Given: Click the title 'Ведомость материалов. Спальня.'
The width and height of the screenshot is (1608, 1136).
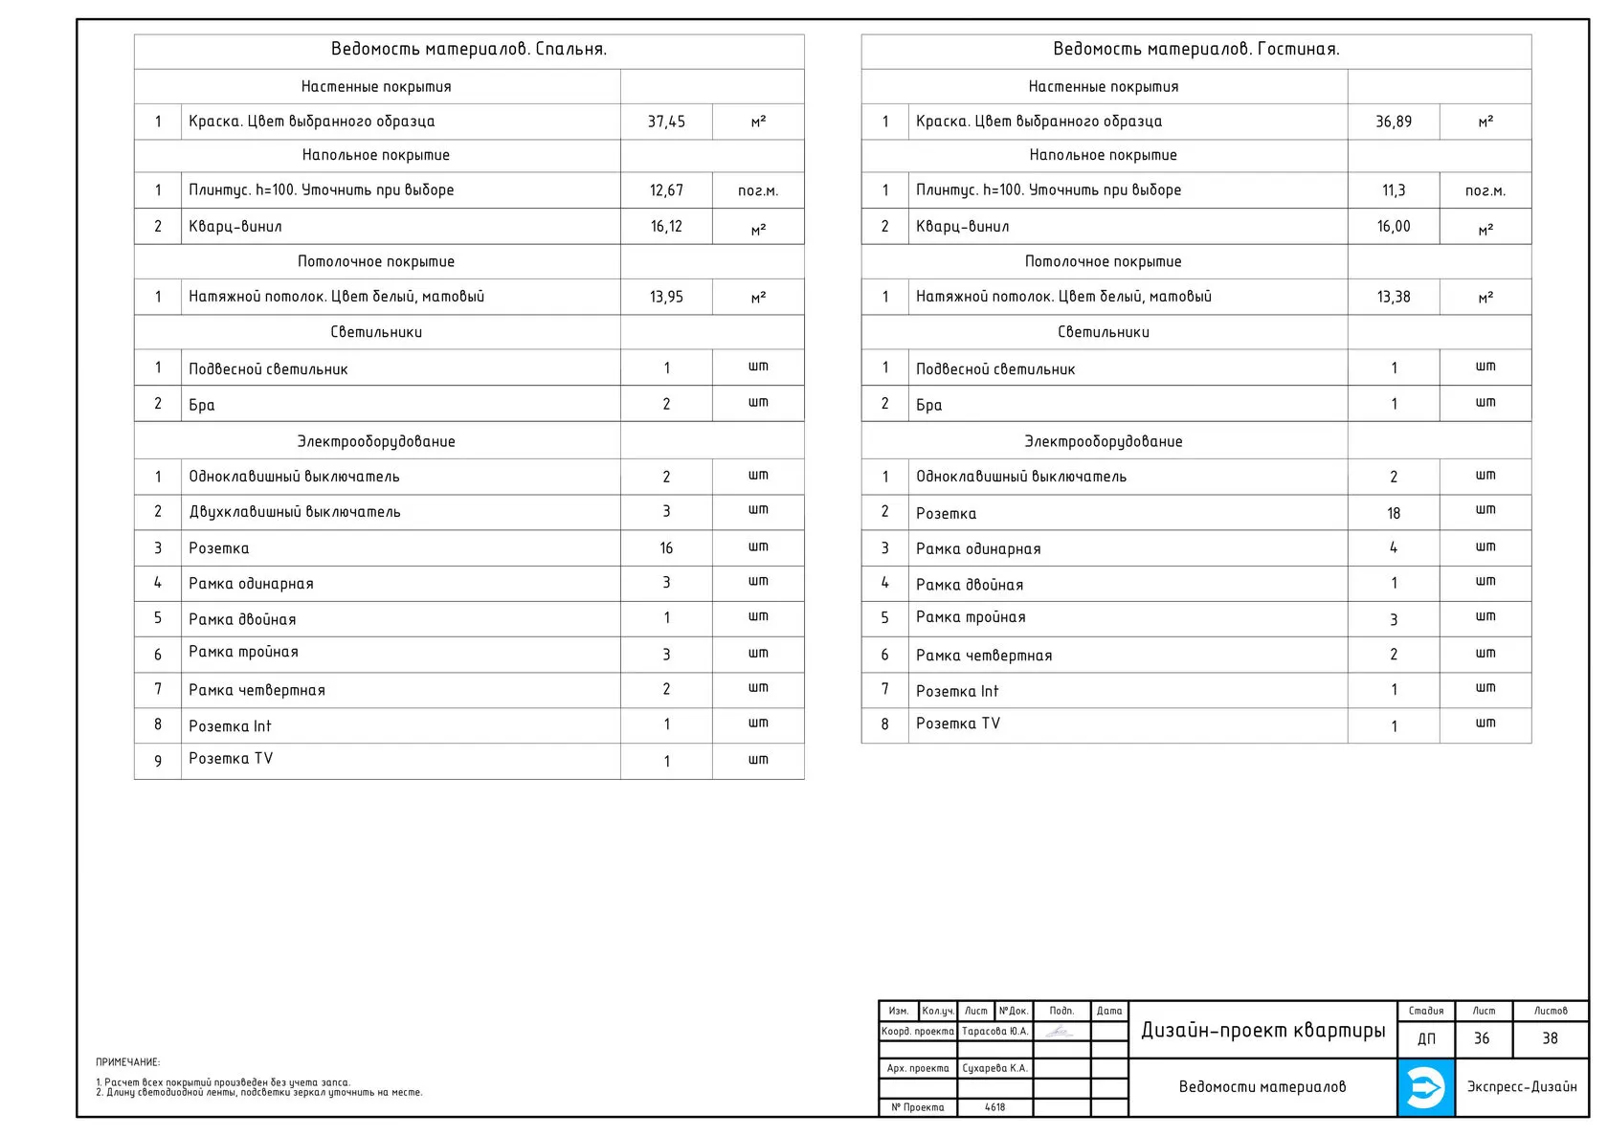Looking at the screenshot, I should (x=468, y=49).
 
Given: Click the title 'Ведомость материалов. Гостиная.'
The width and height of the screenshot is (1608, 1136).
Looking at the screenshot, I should (x=1195, y=49).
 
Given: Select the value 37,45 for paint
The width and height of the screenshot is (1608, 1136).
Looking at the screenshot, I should (x=666, y=122).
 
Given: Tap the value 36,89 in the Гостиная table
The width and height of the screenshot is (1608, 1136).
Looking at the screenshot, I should (x=1394, y=122).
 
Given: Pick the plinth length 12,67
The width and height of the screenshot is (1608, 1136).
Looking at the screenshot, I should (x=666, y=190).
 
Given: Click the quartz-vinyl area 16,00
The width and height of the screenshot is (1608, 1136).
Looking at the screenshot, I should (x=1394, y=227).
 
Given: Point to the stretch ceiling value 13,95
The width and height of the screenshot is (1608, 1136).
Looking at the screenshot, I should (x=666, y=297).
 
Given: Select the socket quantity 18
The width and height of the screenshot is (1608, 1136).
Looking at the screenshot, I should (x=1394, y=513).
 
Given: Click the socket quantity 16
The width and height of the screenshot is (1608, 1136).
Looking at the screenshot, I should (x=666, y=548).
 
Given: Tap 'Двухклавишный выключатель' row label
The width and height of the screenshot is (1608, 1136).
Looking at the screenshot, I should (x=295, y=512).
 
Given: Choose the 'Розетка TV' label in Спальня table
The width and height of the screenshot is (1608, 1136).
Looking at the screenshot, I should (x=231, y=759).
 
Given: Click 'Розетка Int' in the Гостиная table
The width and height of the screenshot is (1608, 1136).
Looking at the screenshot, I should (x=957, y=691).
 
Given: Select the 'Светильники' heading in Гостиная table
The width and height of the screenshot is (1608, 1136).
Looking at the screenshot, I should (x=1104, y=332).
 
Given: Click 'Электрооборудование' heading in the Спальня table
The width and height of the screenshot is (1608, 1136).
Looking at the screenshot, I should (x=376, y=441).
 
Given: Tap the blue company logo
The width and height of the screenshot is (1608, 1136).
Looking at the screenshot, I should (x=1425, y=1087).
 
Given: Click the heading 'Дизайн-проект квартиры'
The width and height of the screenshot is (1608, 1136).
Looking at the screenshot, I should (x=1262, y=1031).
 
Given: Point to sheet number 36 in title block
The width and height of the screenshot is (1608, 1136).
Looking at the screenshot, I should (x=1482, y=1038).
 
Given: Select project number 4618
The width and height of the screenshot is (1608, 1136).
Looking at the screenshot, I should (x=994, y=1107).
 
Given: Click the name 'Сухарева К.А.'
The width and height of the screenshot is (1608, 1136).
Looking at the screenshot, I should (x=994, y=1068).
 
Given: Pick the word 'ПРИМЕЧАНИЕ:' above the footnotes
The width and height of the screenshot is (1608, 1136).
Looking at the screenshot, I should (x=128, y=1062).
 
